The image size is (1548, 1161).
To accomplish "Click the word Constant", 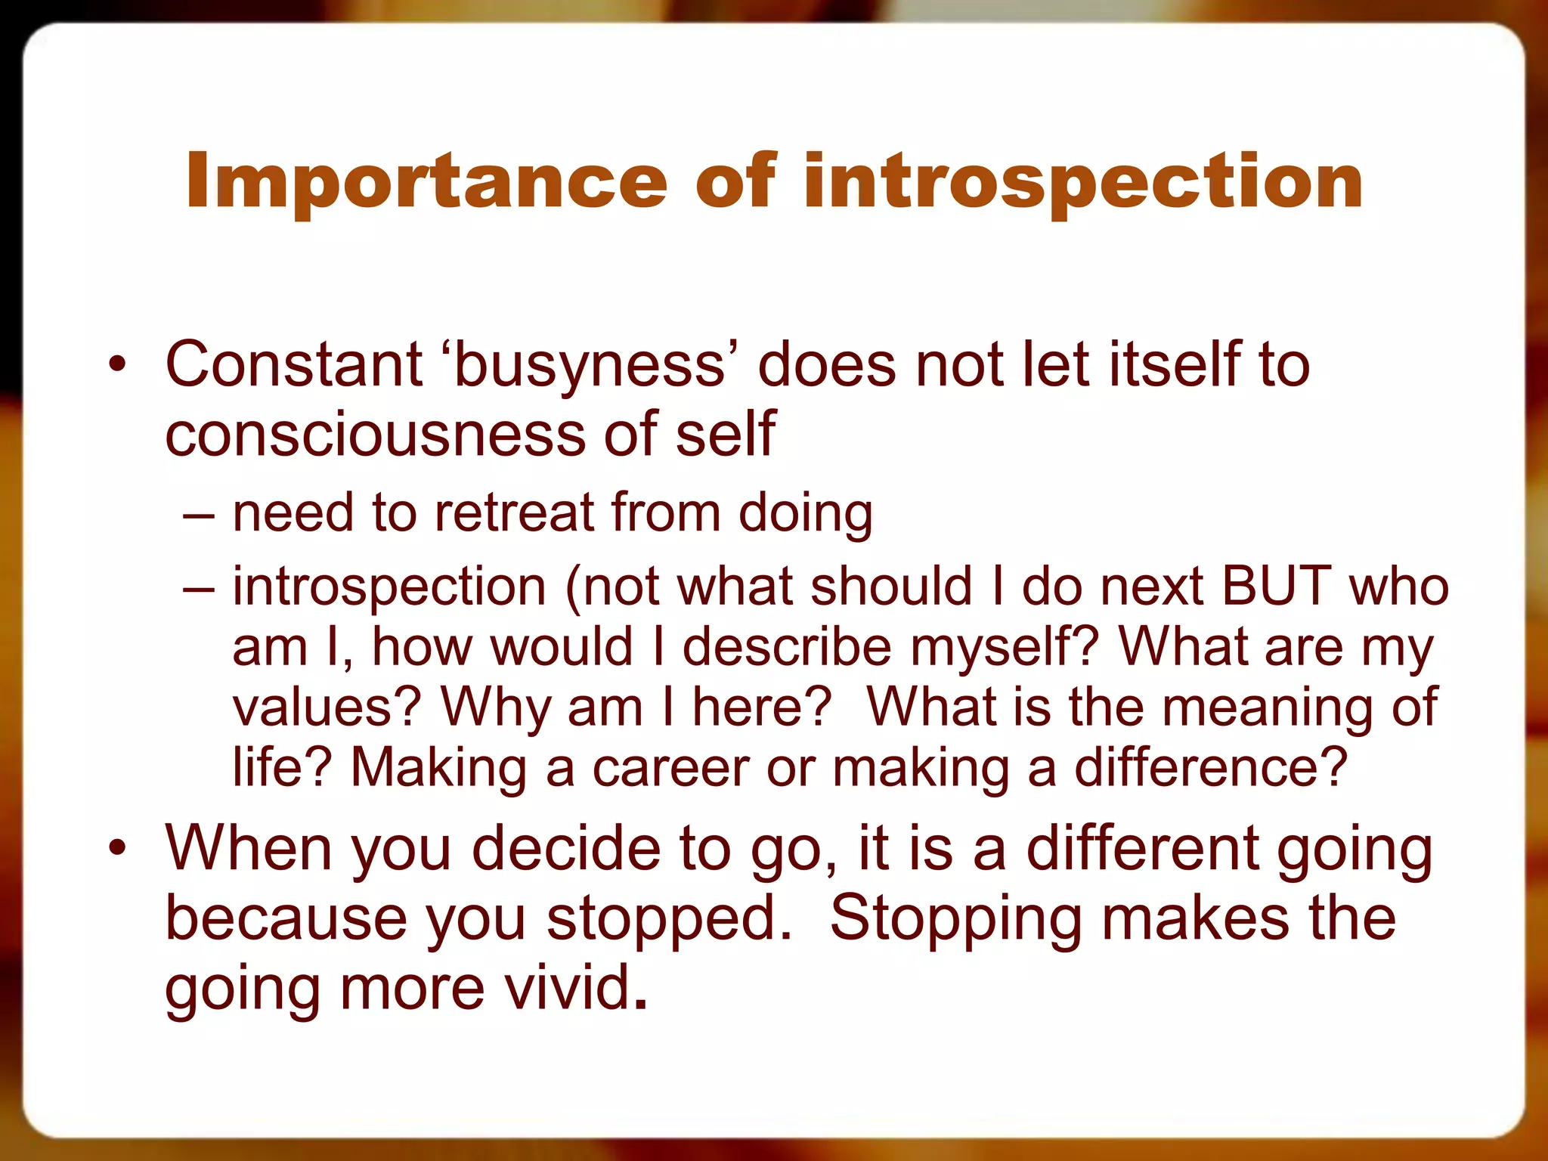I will click(x=293, y=365).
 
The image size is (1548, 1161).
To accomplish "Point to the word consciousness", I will click(x=375, y=435).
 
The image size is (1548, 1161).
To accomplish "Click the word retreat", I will click(x=514, y=513).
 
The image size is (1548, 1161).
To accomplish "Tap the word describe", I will click(x=787, y=647).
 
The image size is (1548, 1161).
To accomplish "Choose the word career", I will click(x=670, y=768).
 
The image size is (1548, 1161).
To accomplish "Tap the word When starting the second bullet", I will click(x=249, y=848).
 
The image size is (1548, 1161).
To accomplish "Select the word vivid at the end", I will click(x=567, y=989).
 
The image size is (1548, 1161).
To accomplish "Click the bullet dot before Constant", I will click(x=117, y=365).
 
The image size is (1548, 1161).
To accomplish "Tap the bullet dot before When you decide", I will click(x=117, y=848).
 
